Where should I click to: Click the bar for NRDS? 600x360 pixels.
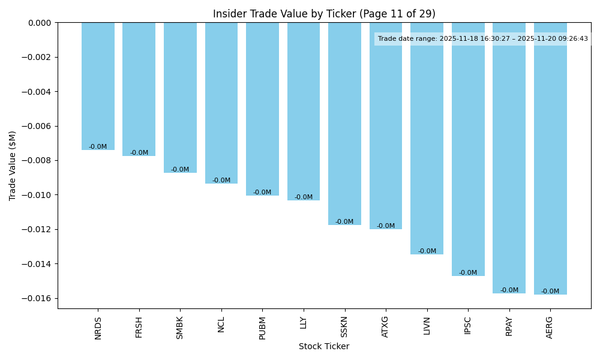coord(98,86)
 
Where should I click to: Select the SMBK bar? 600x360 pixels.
coord(180,97)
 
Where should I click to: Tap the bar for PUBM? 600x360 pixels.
coord(262,109)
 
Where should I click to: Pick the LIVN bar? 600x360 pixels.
coord(427,138)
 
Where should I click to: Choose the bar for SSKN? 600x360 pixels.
coord(344,124)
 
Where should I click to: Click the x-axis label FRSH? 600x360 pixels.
coord(139,327)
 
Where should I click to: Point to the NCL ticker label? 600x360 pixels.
coord(221,325)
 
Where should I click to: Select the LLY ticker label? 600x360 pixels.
coord(304,323)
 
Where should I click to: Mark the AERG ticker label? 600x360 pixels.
coord(550,327)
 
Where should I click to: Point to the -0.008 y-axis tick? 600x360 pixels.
coord(37,161)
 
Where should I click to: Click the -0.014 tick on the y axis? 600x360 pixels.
coord(37,264)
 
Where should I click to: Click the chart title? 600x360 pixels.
coord(324,14)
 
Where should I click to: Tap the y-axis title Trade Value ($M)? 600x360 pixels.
coord(13,166)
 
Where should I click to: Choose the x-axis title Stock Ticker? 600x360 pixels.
coord(324,346)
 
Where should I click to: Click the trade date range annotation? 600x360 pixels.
coord(482,39)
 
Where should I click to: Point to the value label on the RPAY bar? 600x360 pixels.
coord(509,290)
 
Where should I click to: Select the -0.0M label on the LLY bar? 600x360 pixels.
coord(304,197)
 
